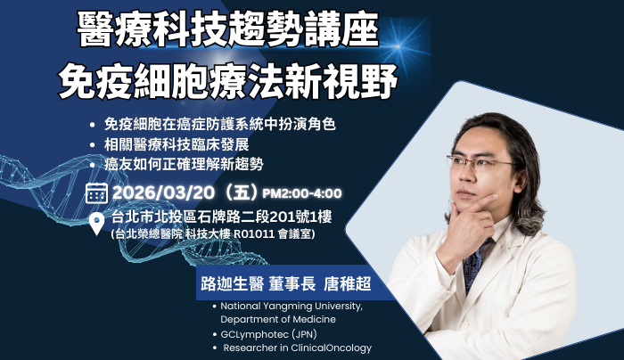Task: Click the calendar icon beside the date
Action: click(96, 193)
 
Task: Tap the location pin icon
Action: click(96, 224)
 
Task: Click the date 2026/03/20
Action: click(163, 193)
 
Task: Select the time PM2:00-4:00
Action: click(302, 193)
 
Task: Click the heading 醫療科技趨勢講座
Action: click(227, 29)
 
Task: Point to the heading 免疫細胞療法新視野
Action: click(227, 82)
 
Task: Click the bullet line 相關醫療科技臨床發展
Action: click(177, 144)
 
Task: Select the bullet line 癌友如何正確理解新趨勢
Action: click(184, 164)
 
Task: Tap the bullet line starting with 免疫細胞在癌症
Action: click(219, 124)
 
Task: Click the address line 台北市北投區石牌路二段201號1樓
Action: click(222, 217)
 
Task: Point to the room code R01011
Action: click(254, 233)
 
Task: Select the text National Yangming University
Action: click(291, 307)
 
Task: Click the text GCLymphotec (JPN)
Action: click(268, 334)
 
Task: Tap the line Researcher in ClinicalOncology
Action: click(297, 348)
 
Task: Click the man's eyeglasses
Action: click(481, 163)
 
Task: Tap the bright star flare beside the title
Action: click(398, 46)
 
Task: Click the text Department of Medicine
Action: click(278, 319)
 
